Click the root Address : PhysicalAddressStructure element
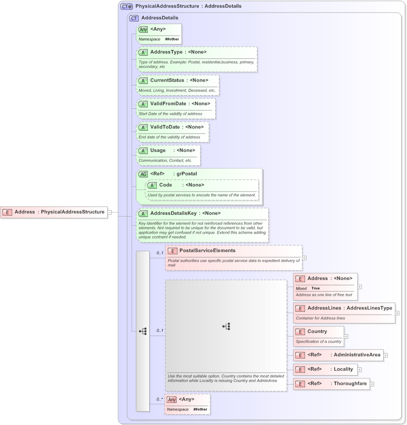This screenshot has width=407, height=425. pyautogui.click(x=59, y=212)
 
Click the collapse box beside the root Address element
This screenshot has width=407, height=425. pyautogui.click(x=110, y=212)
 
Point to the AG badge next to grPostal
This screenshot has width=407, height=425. pyautogui.click(x=143, y=174)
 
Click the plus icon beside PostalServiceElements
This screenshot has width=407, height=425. pyautogui.click(x=305, y=258)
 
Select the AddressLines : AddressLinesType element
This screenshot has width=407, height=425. pyautogui.click(x=349, y=308)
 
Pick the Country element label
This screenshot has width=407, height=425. pyautogui.click(x=317, y=332)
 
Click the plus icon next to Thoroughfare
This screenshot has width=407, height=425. pyautogui.click(x=372, y=384)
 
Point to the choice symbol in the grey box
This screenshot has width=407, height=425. pyautogui.click(x=226, y=327)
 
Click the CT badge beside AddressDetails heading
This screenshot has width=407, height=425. pyautogui.click(x=134, y=18)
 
